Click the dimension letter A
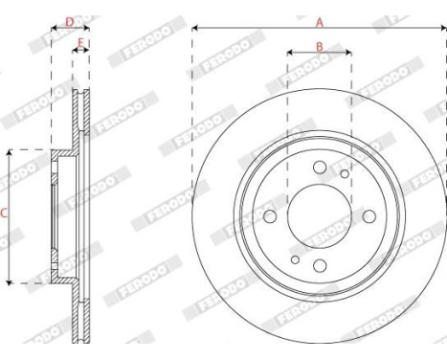[x=319, y=20]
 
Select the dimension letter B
[x=319, y=46]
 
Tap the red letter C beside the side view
[x=4, y=215]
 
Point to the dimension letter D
[x=69, y=20]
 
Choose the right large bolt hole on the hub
[x=368, y=216]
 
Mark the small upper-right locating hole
[x=344, y=174]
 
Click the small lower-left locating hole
[x=295, y=259]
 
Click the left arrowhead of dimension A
[x=195, y=29]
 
